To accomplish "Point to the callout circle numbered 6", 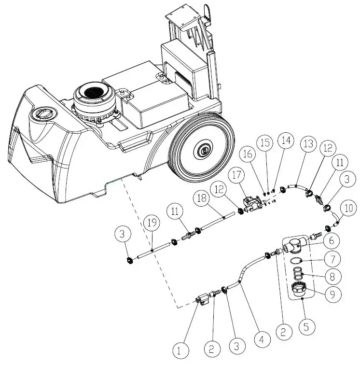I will tap(331, 239).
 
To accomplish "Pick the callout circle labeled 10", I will tap(349, 209).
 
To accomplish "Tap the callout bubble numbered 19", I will tap(152, 223).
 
